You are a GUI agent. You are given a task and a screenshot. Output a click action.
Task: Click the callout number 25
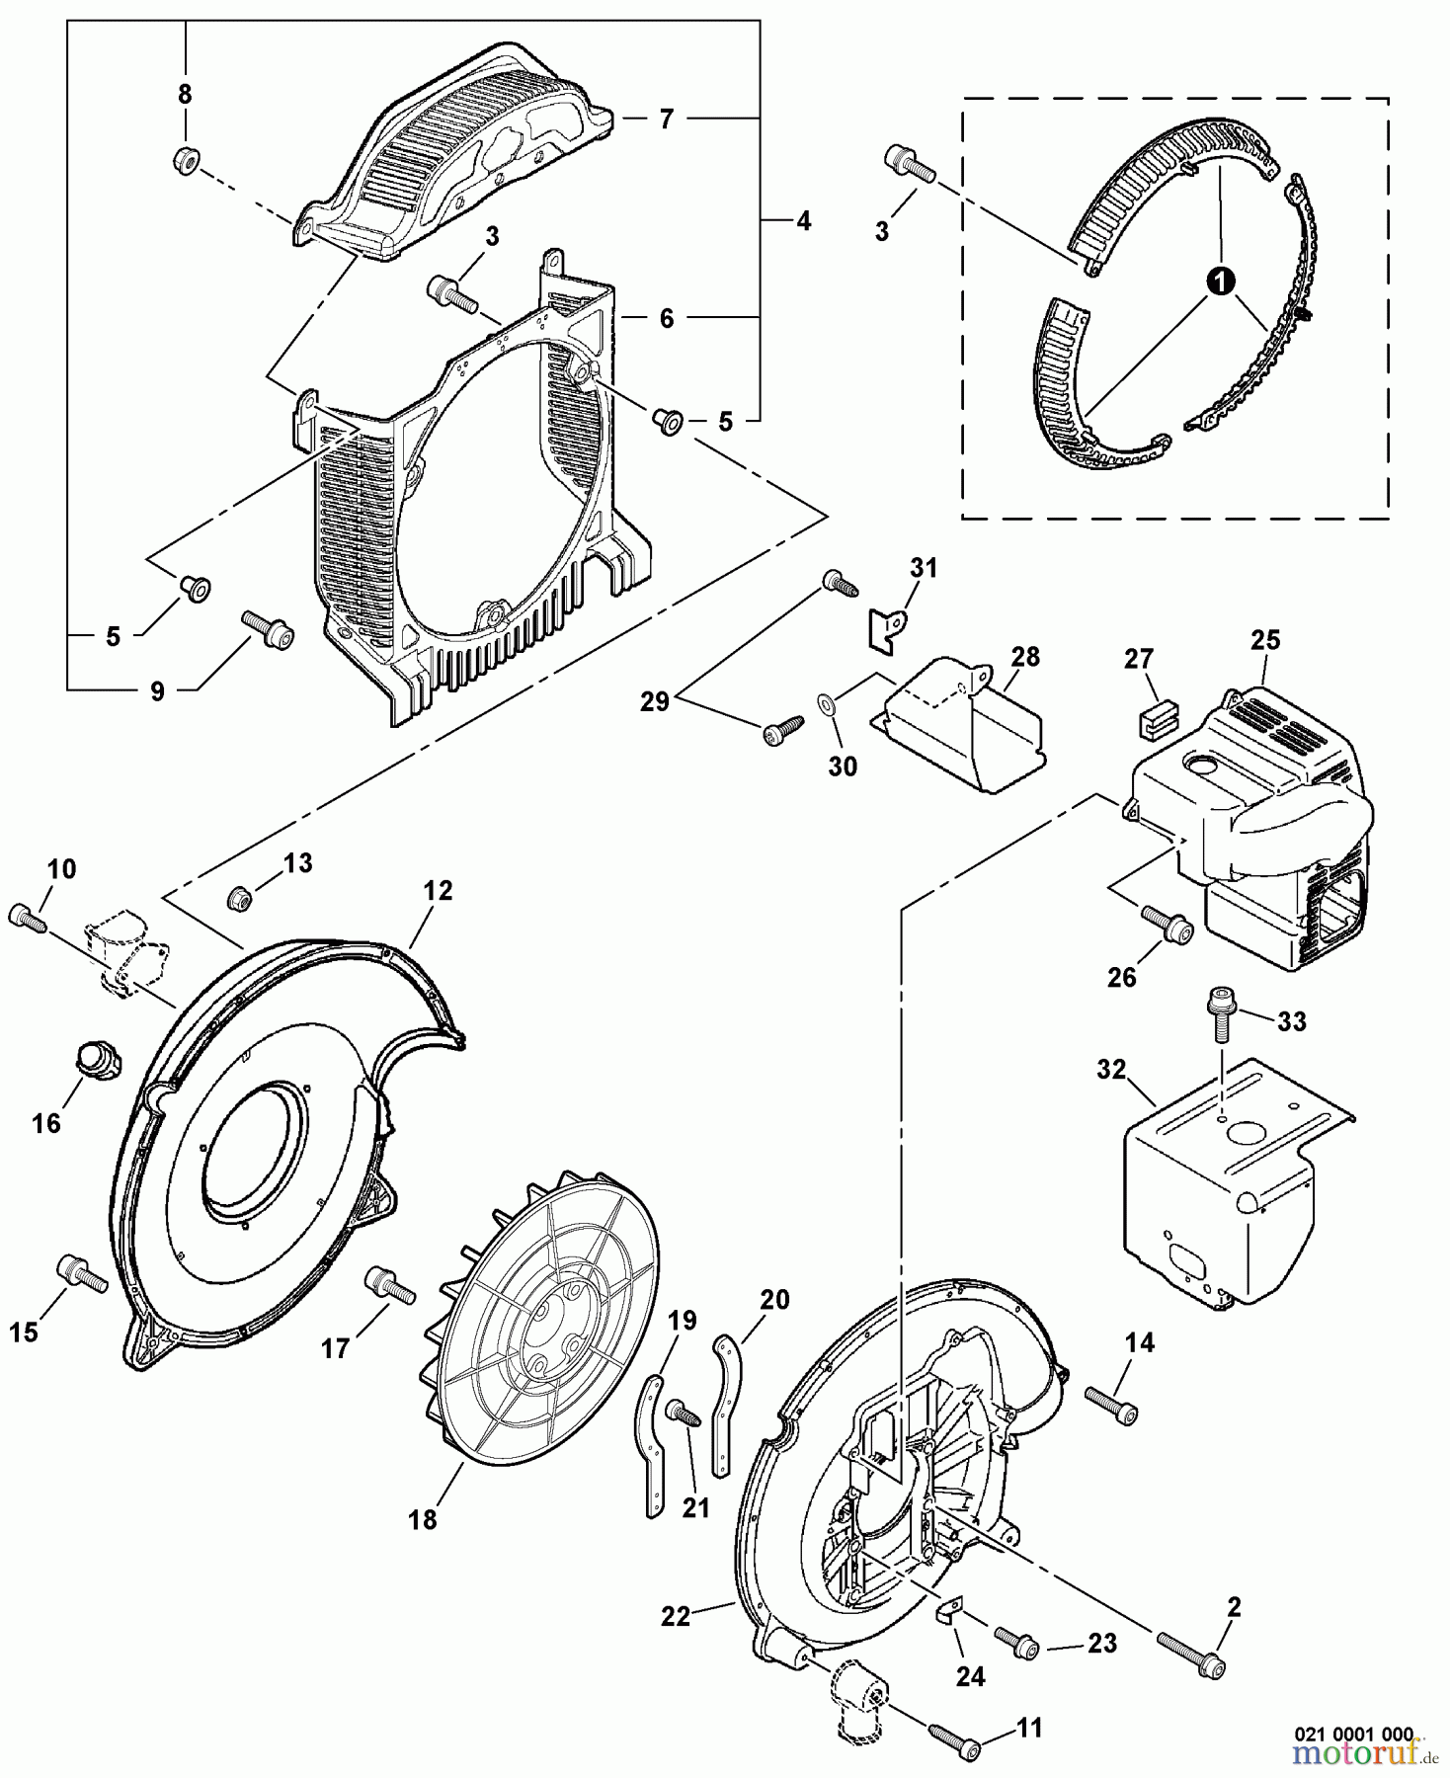tap(1264, 641)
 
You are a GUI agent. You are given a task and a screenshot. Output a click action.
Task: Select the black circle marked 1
tap(1222, 282)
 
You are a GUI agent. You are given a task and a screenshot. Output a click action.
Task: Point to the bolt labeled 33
tap(1217, 1015)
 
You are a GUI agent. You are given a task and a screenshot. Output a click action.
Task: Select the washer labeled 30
tap(824, 704)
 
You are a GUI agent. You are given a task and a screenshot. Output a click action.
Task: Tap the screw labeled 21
tap(683, 1412)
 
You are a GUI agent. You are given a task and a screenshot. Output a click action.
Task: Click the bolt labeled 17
tap(387, 1286)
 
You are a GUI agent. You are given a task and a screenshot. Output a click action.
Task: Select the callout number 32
tap(1111, 1070)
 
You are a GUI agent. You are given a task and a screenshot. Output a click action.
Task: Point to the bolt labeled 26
tap(1168, 925)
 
